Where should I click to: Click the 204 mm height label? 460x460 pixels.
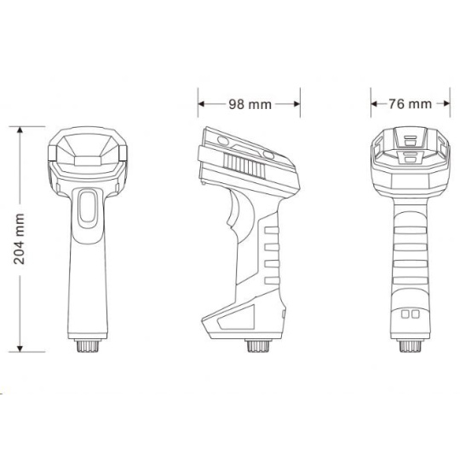[x=19, y=239]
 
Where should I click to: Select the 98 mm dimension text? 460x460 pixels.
[x=250, y=104]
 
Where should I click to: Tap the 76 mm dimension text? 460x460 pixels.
[x=410, y=104]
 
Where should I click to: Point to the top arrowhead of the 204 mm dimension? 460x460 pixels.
[x=20, y=129]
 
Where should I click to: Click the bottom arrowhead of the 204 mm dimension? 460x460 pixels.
[x=20, y=348]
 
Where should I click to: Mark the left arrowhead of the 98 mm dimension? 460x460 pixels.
[x=201, y=104]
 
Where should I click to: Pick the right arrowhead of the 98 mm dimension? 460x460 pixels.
[x=297, y=104]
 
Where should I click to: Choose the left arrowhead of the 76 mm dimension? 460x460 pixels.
[x=374, y=104]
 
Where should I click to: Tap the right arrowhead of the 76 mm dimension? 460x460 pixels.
[x=447, y=104]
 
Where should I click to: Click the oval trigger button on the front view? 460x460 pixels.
[x=88, y=206]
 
